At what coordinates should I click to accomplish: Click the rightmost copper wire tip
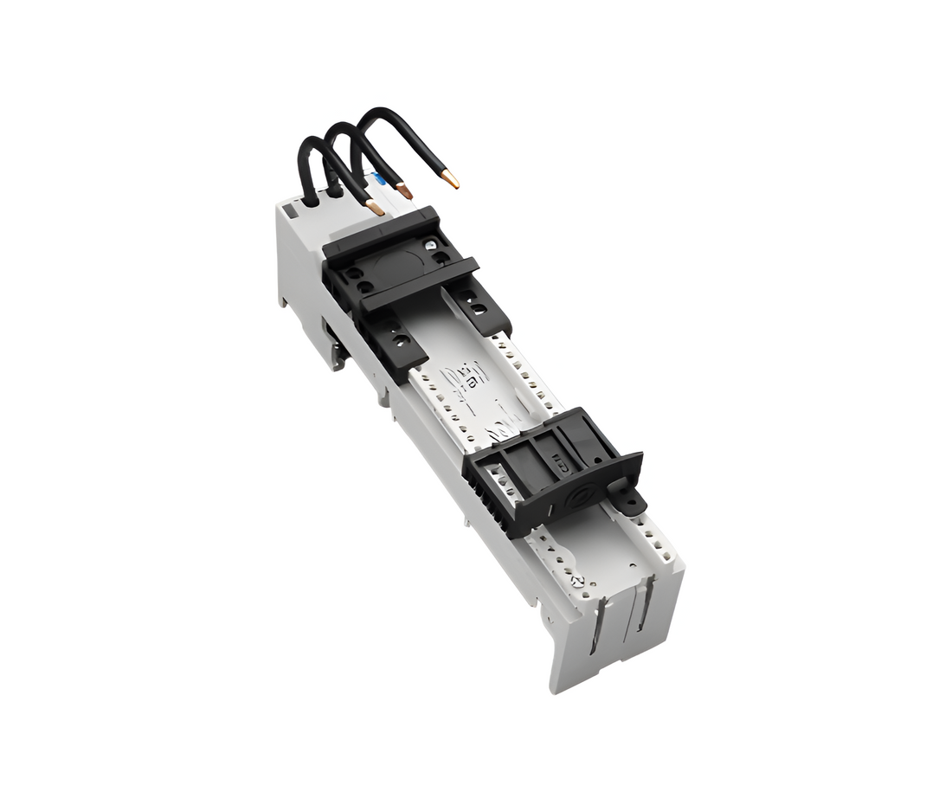click(450, 180)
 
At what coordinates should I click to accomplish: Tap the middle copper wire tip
click(404, 190)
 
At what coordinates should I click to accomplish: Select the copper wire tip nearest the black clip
click(376, 208)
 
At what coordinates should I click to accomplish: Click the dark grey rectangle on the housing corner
click(293, 209)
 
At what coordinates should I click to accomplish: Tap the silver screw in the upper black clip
click(430, 246)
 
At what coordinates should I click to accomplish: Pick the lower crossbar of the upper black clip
click(419, 284)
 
